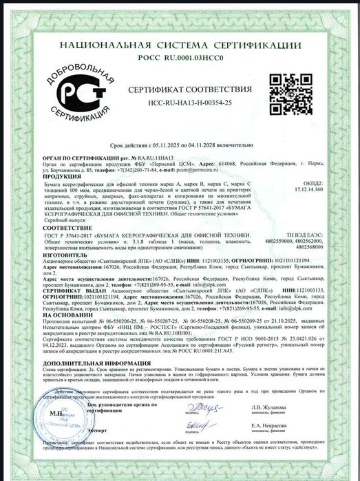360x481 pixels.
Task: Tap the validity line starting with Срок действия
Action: (x=180, y=147)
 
